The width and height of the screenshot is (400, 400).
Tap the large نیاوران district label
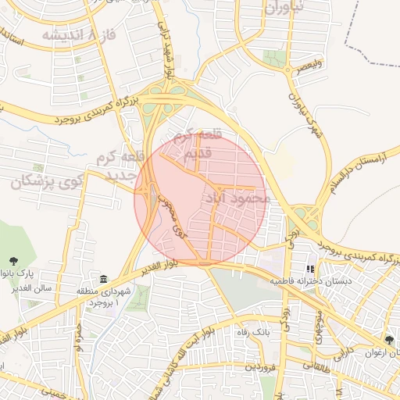(282, 8)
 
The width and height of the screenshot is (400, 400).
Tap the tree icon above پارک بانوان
(13, 261)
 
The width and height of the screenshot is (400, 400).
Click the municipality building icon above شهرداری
(103, 279)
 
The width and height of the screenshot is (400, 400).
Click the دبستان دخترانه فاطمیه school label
(311, 280)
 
